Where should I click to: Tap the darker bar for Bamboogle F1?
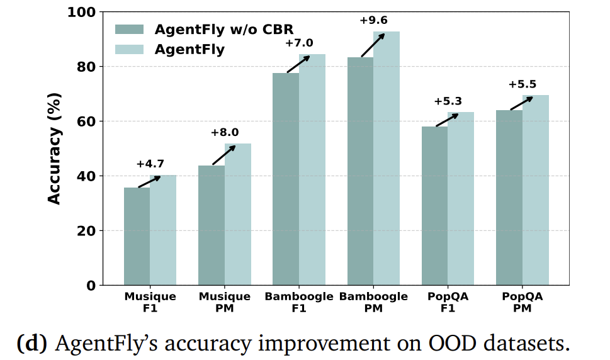point(286,179)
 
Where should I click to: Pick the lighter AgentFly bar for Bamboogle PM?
point(386,157)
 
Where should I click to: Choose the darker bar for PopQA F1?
point(434,206)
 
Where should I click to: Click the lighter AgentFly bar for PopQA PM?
point(535,190)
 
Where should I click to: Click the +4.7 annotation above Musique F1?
point(149,164)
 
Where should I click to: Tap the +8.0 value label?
point(224,133)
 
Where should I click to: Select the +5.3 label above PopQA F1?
point(447,101)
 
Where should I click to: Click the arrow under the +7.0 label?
point(299,64)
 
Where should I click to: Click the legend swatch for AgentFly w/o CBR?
point(129,29)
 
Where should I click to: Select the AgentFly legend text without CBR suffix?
point(189,50)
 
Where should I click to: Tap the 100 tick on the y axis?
point(82,12)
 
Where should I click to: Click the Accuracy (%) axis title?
point(55,149)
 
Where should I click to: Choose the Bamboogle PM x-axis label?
point(374,302)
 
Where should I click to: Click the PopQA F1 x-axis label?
point(448,302)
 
